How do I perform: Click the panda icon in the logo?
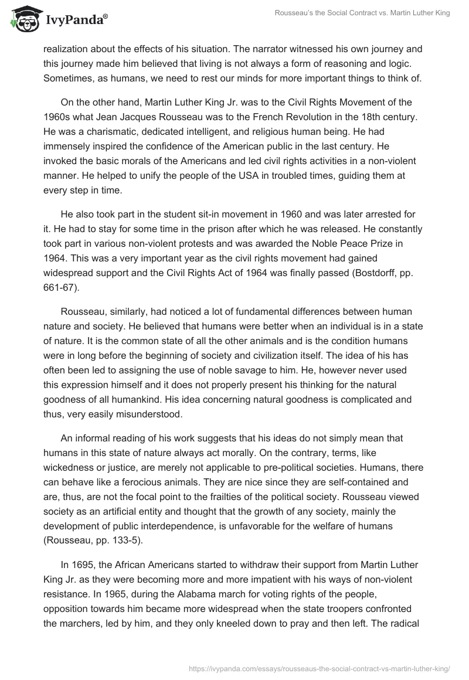tap(22, 19)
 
